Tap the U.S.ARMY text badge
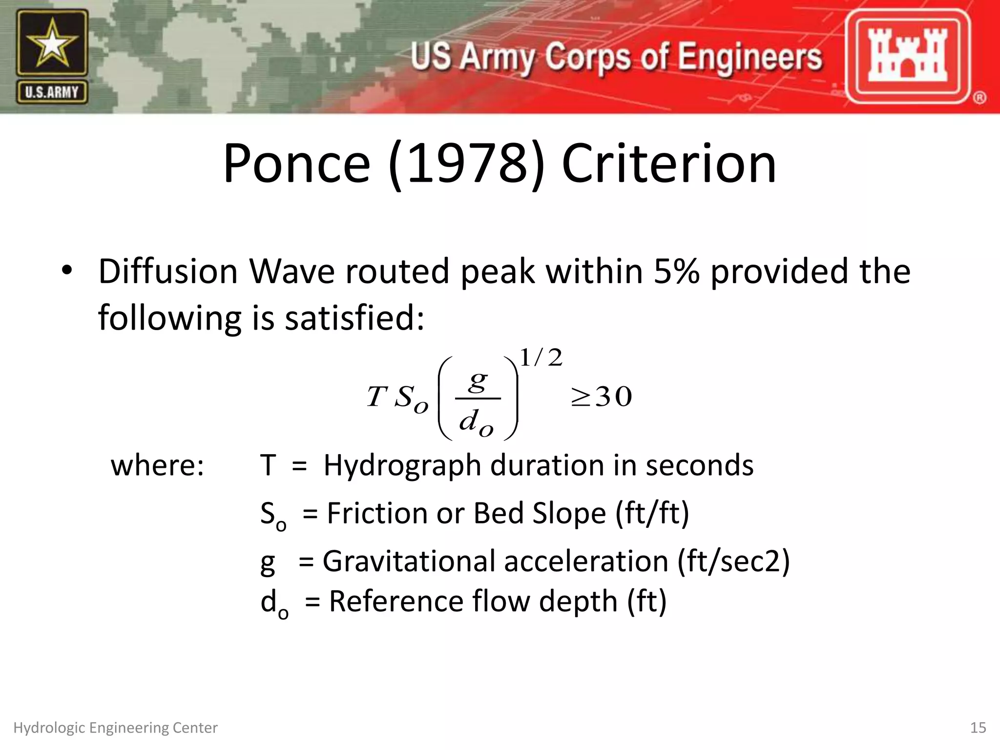(x=52, y=92)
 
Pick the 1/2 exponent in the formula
(x=541, y=358)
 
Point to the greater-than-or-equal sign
(x=581, y=397)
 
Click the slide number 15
(x=978, y=728)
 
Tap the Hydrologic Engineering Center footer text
(x=115, y=728)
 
